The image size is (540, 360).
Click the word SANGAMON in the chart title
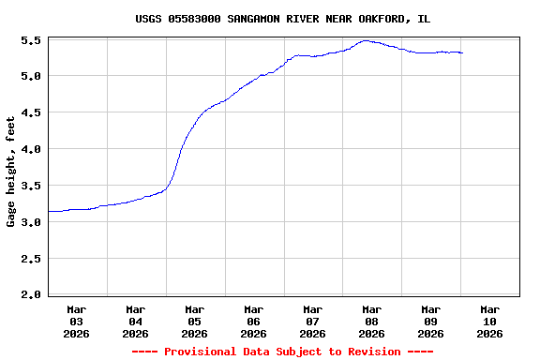(258, 19)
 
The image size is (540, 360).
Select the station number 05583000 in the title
(194, 19)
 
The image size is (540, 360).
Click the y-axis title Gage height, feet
(11, 172)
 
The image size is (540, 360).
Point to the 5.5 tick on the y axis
(29, 41)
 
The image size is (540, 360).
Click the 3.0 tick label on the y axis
(29, 223)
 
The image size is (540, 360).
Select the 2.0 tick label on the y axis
(29, 295)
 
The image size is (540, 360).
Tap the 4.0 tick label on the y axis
(29, 150)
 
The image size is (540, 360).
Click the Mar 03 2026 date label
(77, 321)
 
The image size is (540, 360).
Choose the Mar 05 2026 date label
(195, 321)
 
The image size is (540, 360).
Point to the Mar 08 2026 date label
(371, 321)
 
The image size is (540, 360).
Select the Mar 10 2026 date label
(489, 321)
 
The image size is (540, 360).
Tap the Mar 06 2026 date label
(254, 321)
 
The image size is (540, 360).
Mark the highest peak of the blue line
(366, 41)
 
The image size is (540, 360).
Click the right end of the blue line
(462, 53)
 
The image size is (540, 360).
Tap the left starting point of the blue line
(49, 211)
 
